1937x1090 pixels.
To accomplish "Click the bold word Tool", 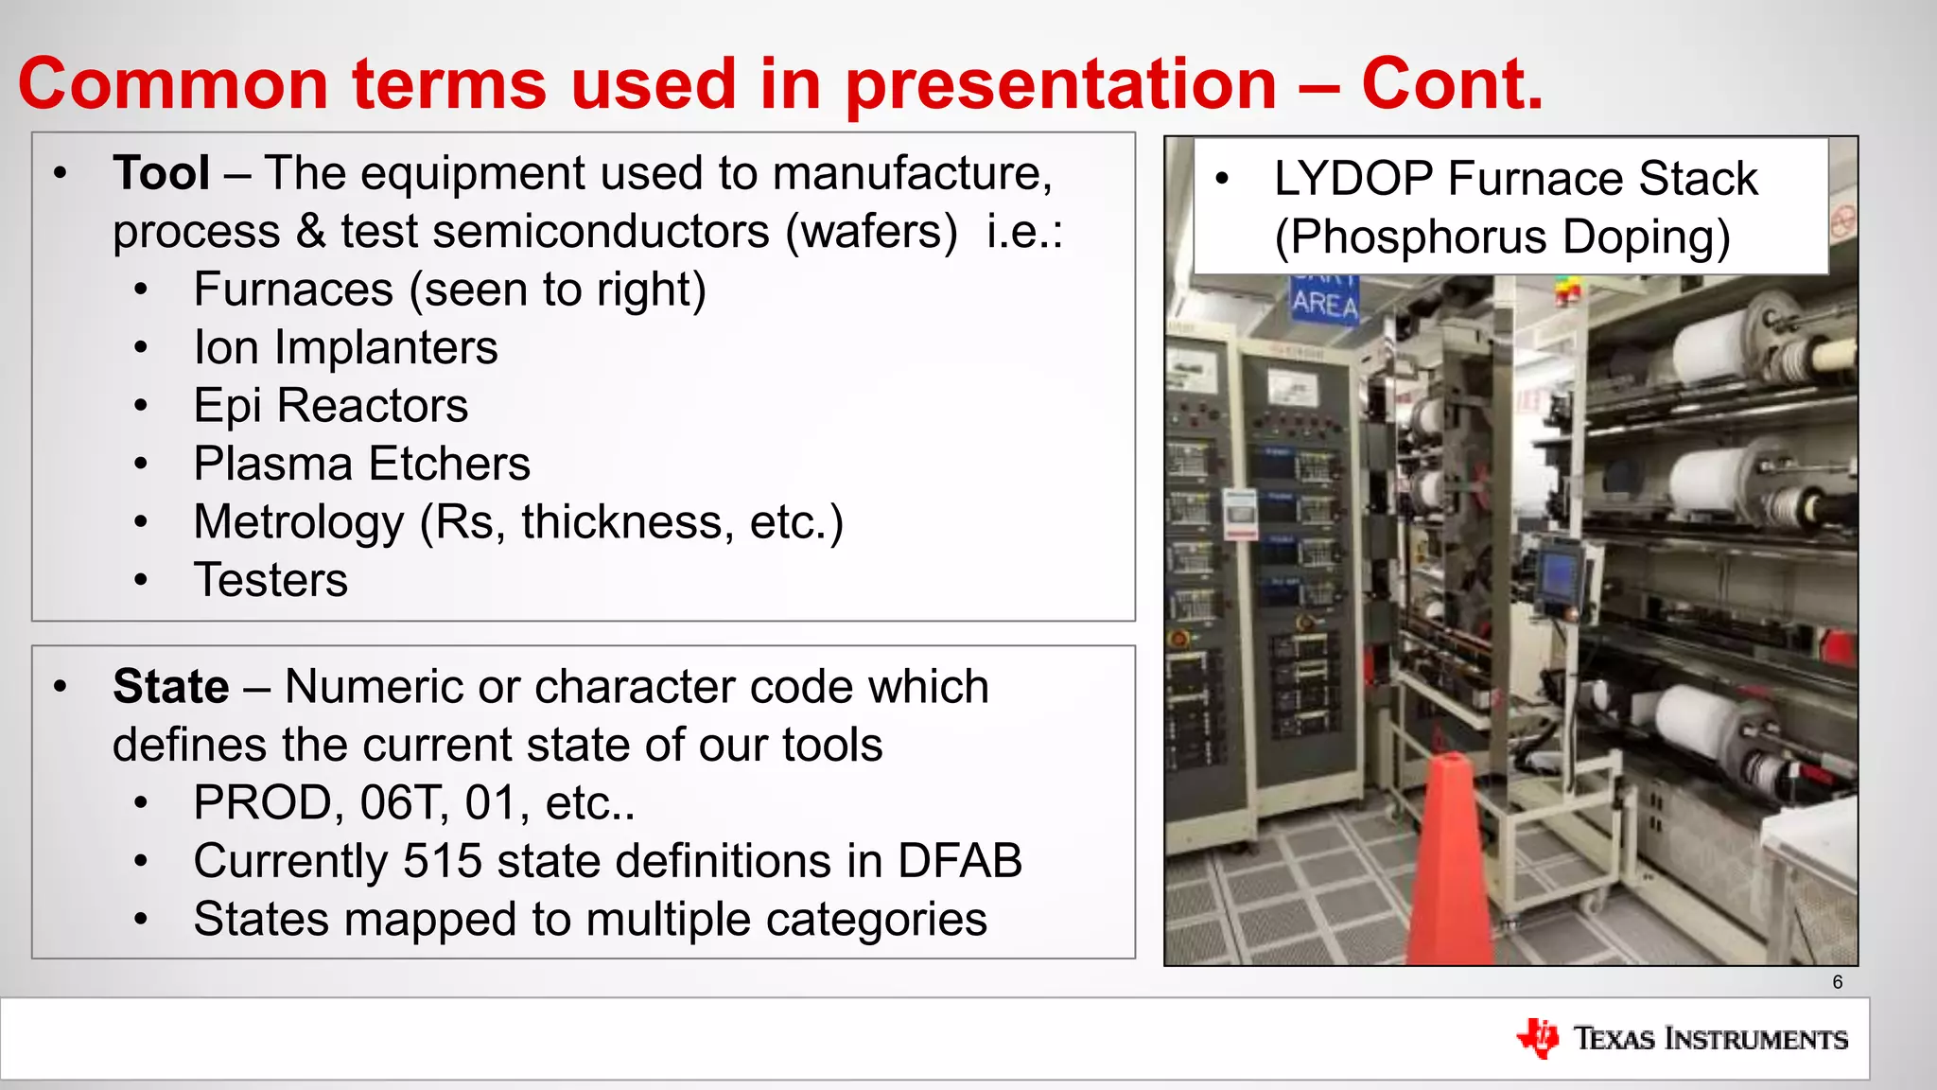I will [161, 174].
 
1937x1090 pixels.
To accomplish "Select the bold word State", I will [170, 687].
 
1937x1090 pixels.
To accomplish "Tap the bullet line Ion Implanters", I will [345, 348].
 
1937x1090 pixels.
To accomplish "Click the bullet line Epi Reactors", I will [330, 406].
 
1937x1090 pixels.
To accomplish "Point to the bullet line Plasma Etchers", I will [361, 465].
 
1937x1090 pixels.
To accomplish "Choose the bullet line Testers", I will [270, 580].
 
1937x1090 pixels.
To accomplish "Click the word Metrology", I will [299, 522].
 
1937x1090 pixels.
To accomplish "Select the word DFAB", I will [959, 861].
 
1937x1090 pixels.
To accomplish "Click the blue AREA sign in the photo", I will [1325, 303].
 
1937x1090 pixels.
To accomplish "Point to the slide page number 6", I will [1837, 982].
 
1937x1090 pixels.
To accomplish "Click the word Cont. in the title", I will [1452, 83].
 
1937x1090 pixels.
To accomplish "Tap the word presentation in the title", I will [1060, 83].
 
